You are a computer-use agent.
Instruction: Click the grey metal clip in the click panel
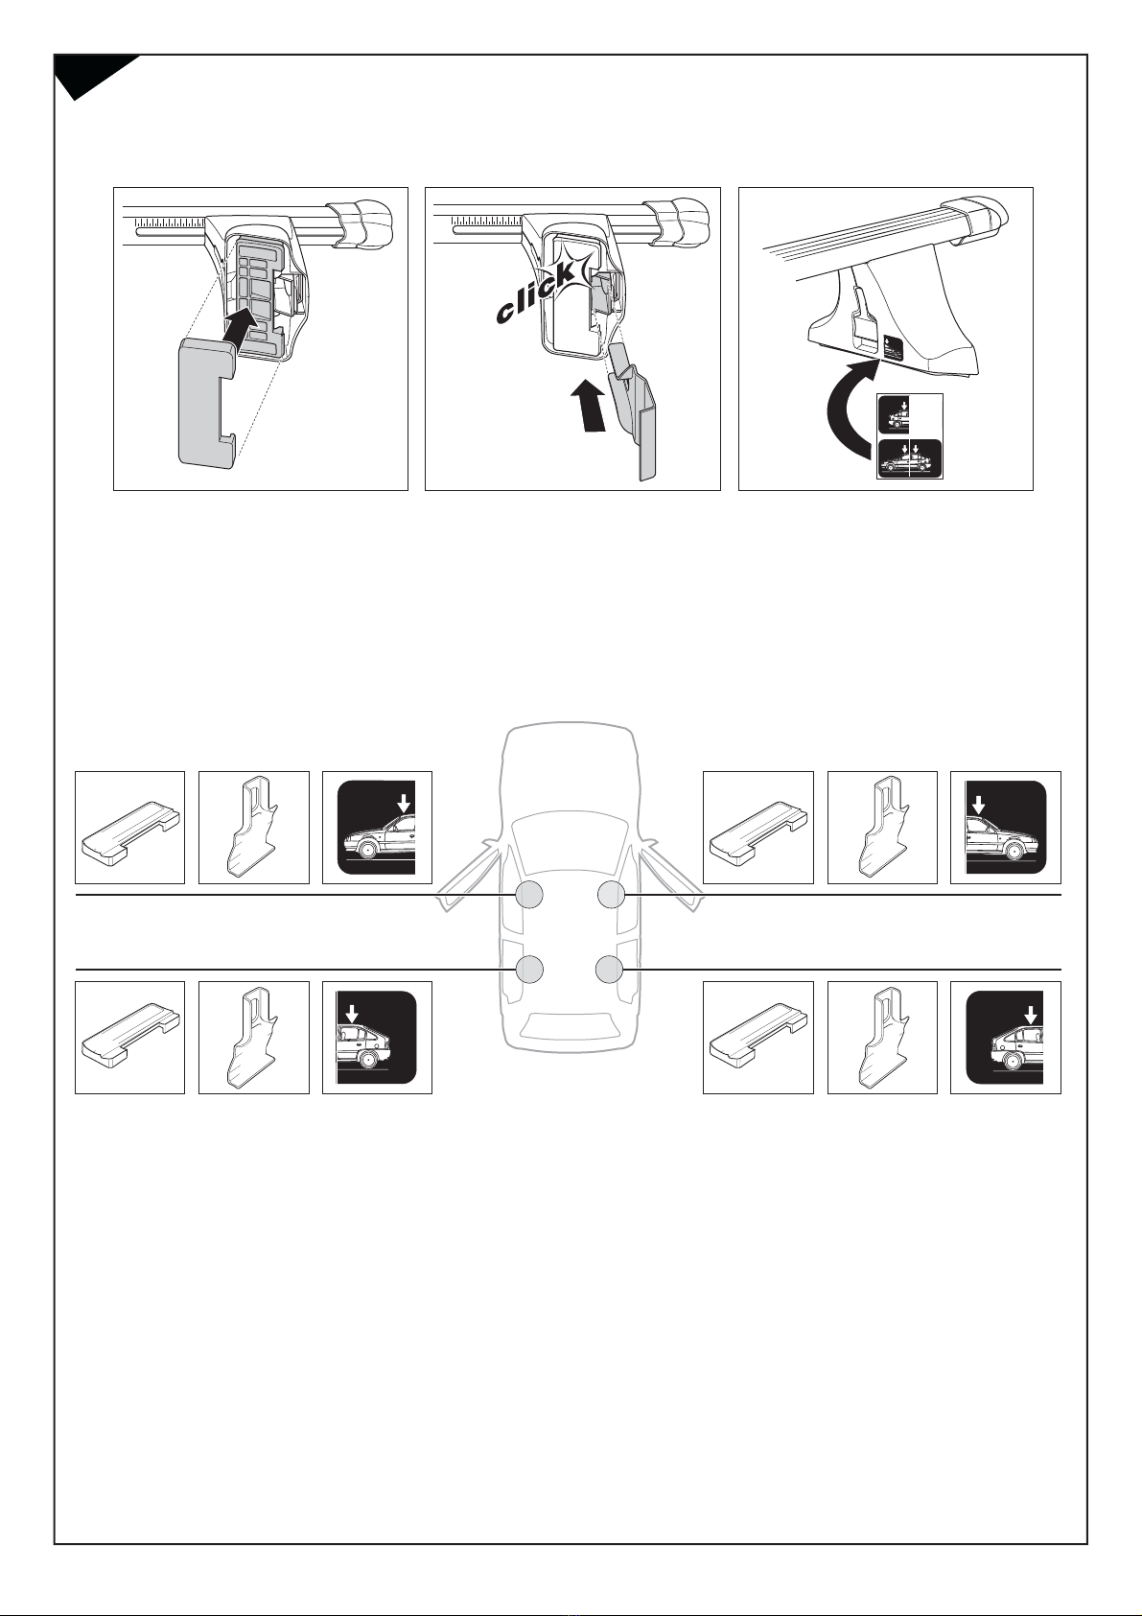coord(635,411)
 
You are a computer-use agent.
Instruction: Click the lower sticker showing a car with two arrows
coord(910,458)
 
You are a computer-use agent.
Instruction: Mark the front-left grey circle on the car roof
coord(528,895)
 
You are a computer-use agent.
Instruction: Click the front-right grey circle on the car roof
coord(611,895)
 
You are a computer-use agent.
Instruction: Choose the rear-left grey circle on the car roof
coord(528,970)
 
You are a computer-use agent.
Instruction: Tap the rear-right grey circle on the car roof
coord(610,970)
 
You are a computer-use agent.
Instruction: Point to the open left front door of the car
coord(465,878)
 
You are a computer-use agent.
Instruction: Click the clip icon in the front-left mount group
coord(254,827)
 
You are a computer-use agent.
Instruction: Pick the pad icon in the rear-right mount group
coord(758,1038)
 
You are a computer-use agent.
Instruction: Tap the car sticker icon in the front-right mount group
coord(1006,827)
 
